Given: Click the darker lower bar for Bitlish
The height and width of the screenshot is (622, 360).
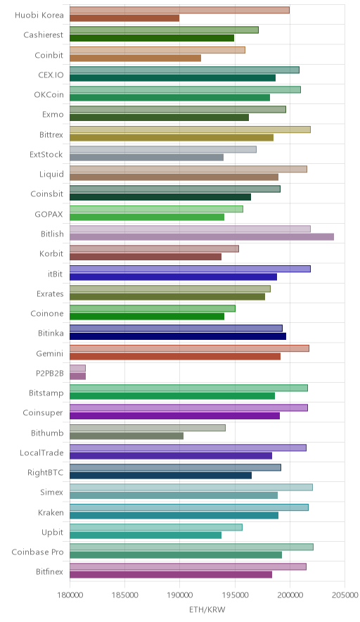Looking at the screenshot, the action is pyautogui.click(x=202, y=237).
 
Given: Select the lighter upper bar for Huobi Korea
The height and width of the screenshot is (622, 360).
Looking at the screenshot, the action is pyautogui.click(x=179, y=10).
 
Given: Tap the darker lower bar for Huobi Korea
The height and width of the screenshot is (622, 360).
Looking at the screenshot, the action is pyautogui.click(x=124, y=18).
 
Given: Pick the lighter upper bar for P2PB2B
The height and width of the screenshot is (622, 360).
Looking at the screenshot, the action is pyautogui.click(x=78, y=368).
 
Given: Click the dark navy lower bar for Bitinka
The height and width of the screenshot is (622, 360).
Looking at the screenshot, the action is pyautogui.click(x=178, y=336).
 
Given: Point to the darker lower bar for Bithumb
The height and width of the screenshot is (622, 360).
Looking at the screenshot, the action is pyautogui.click(x=127, y=436).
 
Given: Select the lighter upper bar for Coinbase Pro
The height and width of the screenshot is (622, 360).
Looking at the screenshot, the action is pyautogui.click(x=191, y=547).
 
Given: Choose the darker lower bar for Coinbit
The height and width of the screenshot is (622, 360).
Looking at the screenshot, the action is pyautogui.click(x=135, y=58).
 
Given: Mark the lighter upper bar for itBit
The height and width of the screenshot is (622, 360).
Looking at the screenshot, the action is pyautogui.click(x=191, y=269).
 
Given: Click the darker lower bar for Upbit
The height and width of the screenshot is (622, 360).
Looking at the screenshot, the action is pyautogui.click(x=146, y=535).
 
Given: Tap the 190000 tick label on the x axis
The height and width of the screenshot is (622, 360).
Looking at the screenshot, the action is pyautogui.click(x=179, y=595).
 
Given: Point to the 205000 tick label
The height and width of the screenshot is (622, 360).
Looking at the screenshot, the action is pyautogui.click(x=344, y=595).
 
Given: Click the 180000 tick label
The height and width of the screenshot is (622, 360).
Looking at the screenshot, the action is pyautogui.click(x=70, y=595).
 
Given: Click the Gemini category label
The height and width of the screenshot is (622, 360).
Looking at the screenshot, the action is pyautogui.click(x=49, y=353).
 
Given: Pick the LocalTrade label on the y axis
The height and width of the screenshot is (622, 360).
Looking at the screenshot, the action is pyautogui.click(x=41, y=452).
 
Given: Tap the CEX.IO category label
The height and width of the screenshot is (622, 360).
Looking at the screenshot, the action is pyautogui.click(x=51, y=75).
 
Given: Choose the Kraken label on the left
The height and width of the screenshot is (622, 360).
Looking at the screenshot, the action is pyautogui.click(x=51, y=512).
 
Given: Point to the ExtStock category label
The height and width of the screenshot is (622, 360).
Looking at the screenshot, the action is pyautogui.click(x=46, y=154).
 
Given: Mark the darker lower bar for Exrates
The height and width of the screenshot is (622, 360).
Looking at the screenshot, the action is pyautogui.click(x=167, y=297).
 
